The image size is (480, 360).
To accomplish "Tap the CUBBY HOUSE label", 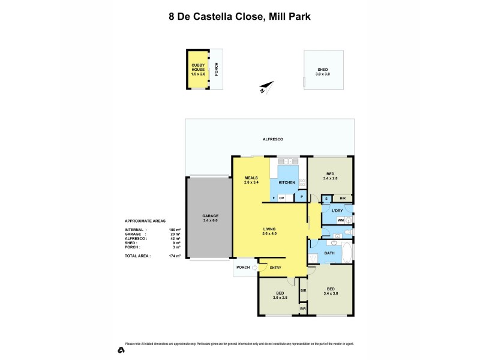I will (x=198, y=67).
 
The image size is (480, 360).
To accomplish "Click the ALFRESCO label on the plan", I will (x=272, y=139).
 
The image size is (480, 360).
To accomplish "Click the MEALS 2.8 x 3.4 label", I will (x=251, y=179).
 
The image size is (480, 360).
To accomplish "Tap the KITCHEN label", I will (x=287, y=182).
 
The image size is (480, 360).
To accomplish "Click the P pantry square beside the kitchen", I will (x=301, y=197).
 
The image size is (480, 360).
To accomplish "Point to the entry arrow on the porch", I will (x=254, y=268).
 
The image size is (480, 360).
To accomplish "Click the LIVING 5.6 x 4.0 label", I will (x=269, y=232).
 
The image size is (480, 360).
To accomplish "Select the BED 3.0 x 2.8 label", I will (x=279, y=295).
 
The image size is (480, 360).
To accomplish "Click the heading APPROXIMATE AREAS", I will (x=145, y=221).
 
